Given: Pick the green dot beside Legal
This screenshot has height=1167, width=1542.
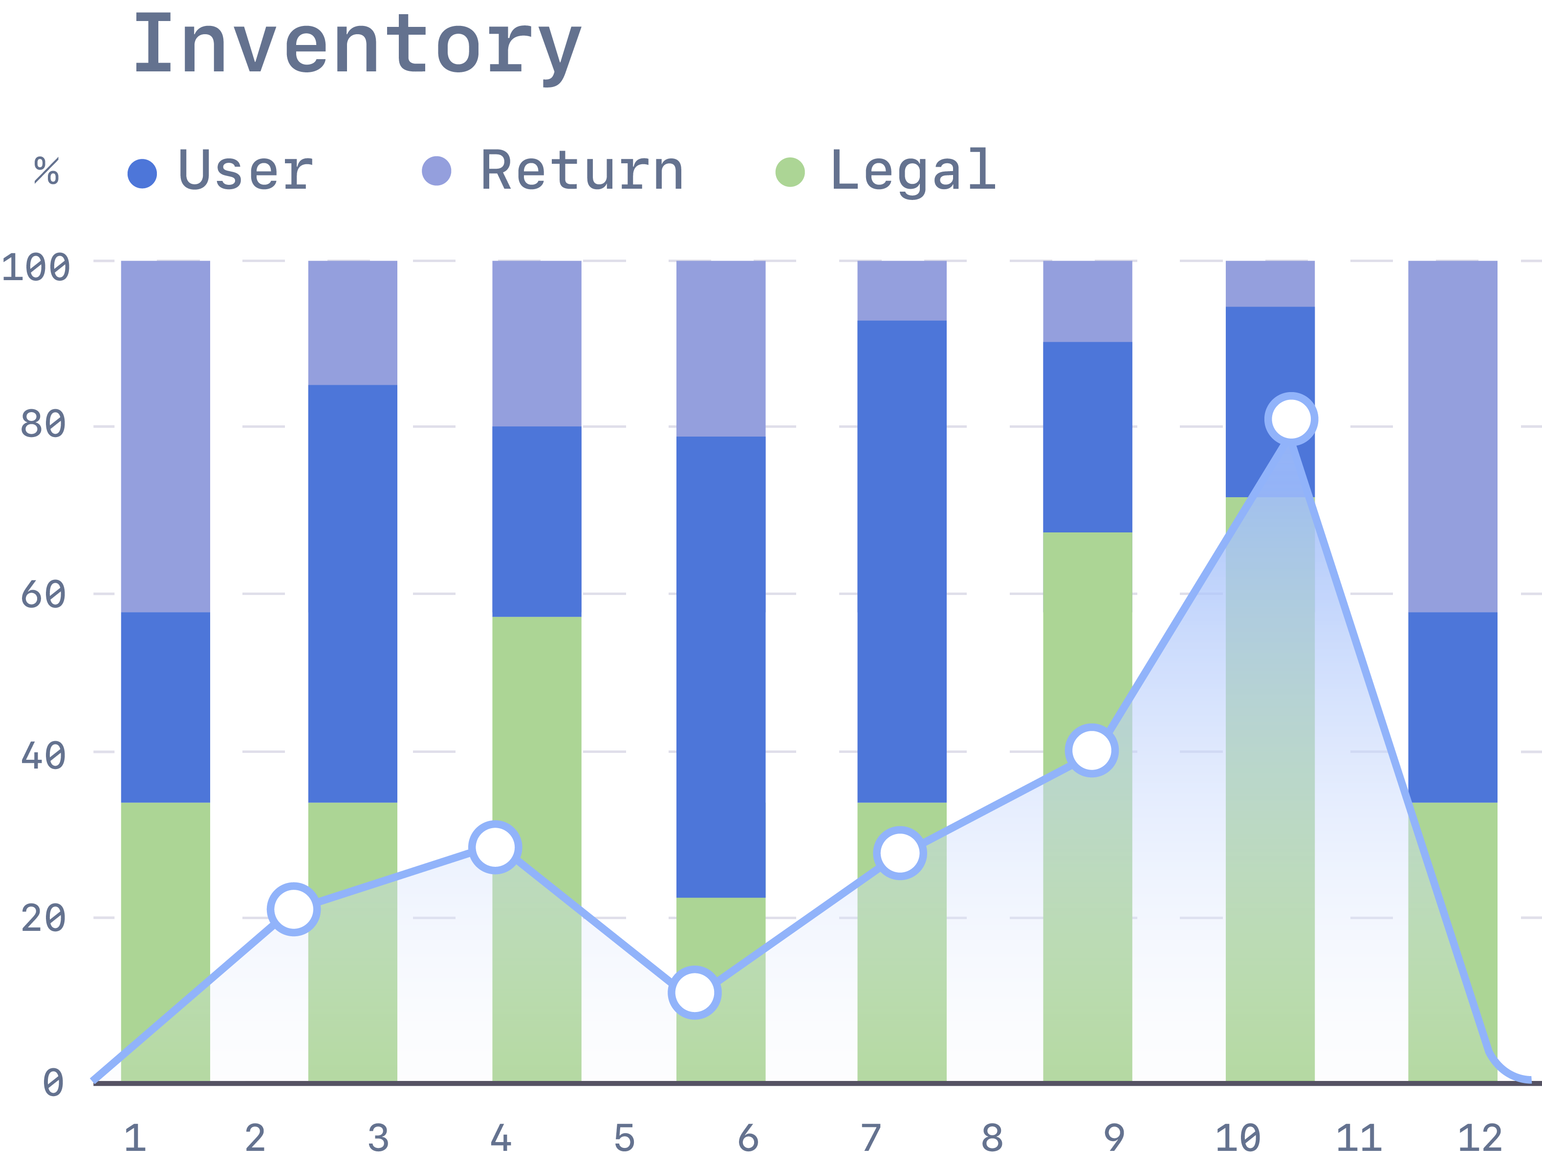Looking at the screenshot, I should (x=790, y=172).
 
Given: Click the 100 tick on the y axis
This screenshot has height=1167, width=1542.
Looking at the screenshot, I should (x=36, y=268).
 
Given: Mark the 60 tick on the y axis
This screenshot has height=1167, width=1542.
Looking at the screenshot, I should (x=43, y=595).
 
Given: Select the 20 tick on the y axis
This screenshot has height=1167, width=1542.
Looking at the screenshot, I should (x=43, y=918).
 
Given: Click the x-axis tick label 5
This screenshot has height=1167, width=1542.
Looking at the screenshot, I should (x=624, y=1138).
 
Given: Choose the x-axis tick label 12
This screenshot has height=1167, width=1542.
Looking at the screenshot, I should (x=1479, y=1138).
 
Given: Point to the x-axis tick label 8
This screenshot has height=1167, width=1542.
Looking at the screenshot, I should (x=992, y=1138).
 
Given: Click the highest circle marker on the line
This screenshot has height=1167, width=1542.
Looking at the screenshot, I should (x=1291, y=419).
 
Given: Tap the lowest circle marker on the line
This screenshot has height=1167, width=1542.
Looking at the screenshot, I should (x=695, y=992).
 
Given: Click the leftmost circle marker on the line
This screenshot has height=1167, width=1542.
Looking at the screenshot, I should (x=293, y=909).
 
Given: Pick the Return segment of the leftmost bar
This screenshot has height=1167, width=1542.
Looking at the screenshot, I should (x=165, y=437).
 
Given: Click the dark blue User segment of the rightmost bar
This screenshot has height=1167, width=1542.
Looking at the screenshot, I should (x=1453, y=707).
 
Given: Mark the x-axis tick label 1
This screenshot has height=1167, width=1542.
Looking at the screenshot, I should (x=135, y=1138).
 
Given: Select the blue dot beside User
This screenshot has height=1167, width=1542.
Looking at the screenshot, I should (x=142, y=174).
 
